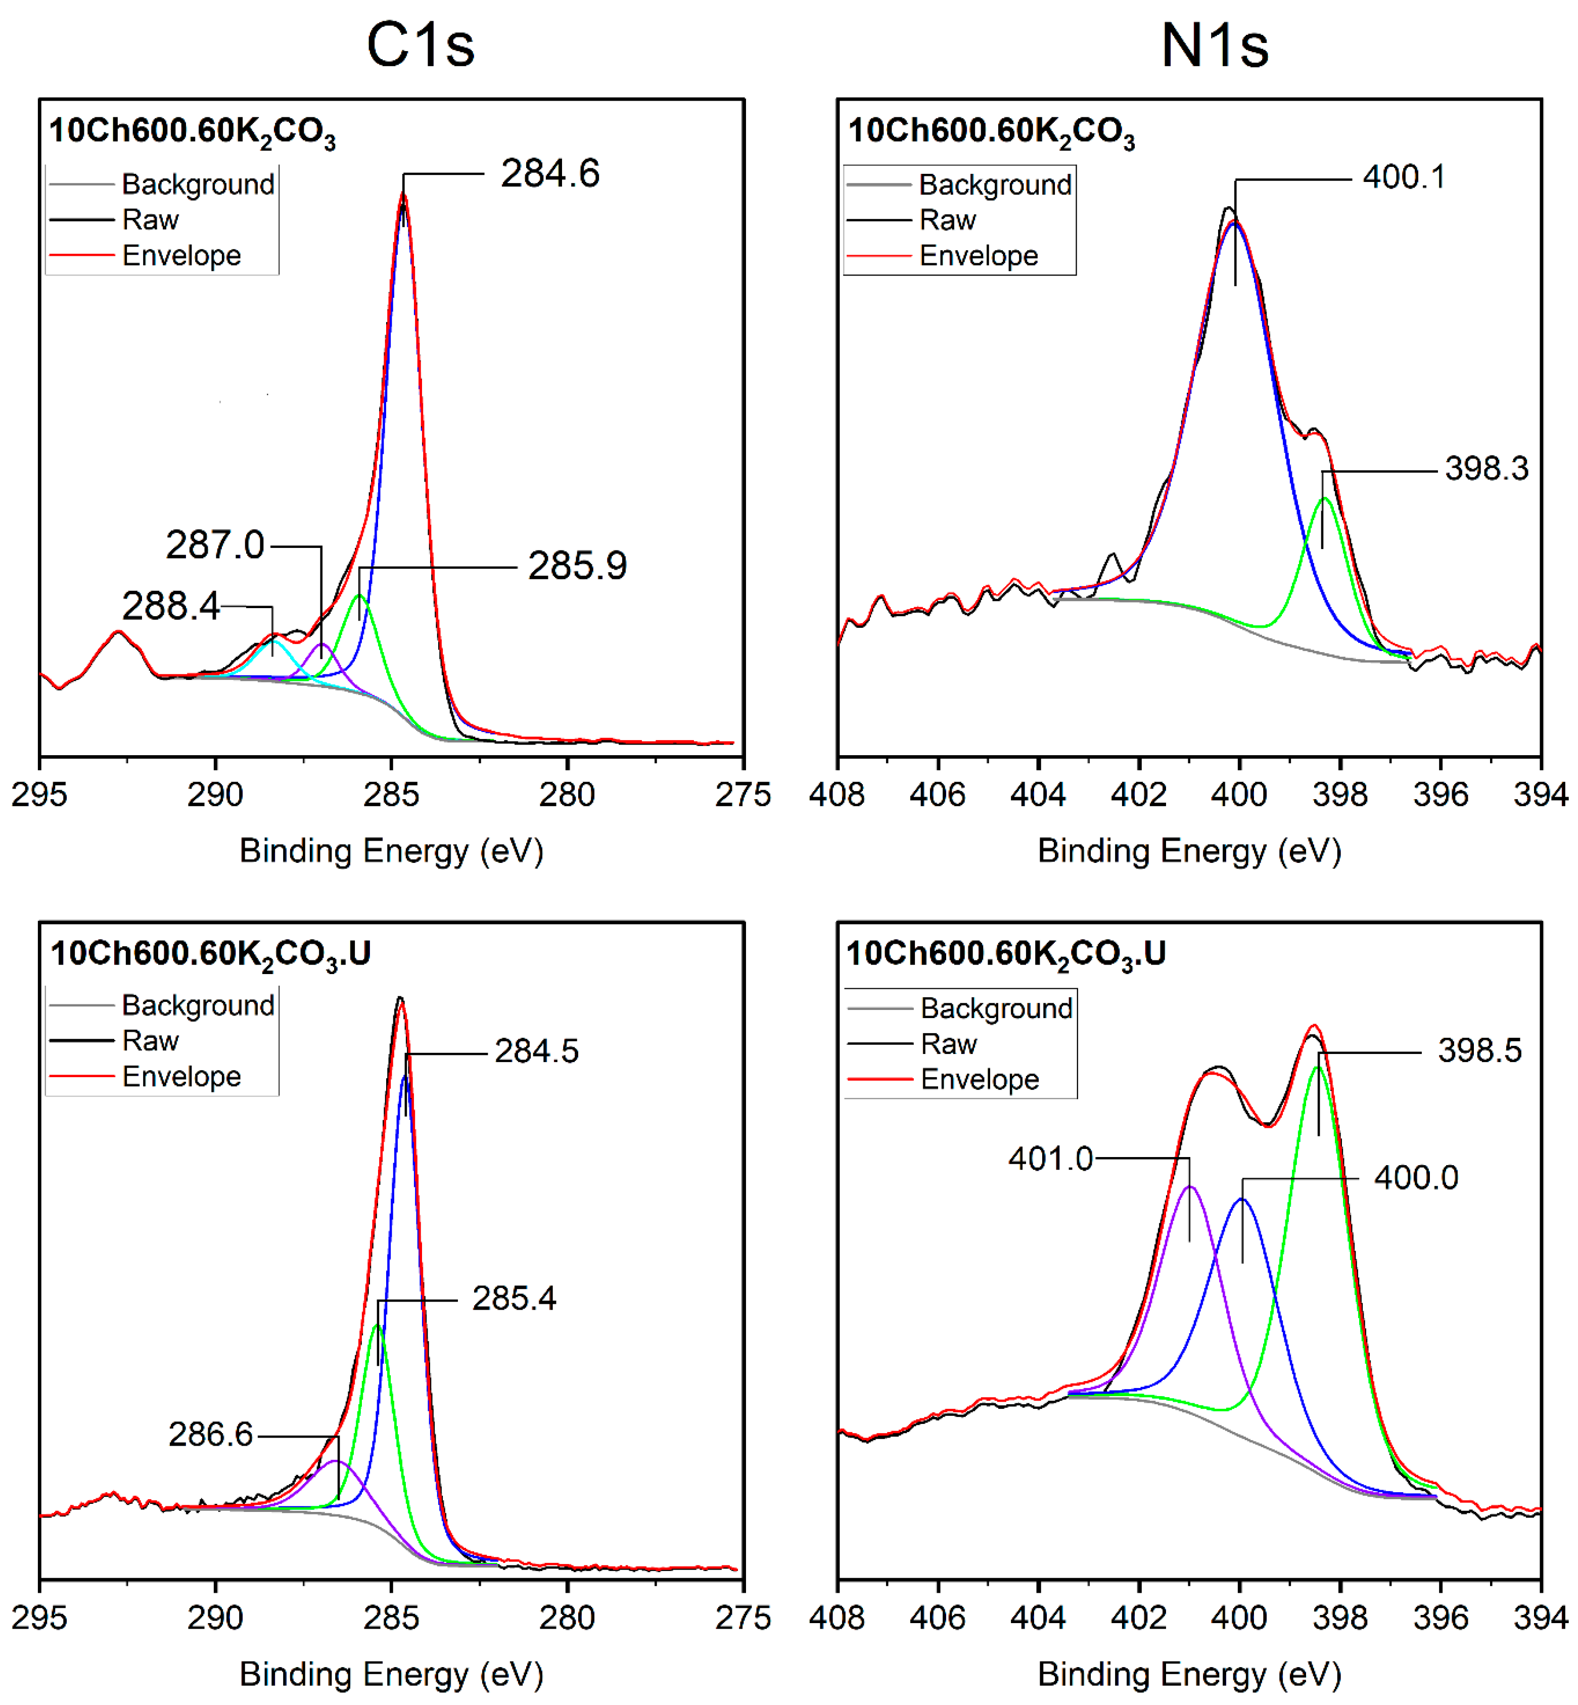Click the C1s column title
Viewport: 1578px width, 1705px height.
click(420, 44)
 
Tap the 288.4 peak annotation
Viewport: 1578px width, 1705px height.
click(171, 606)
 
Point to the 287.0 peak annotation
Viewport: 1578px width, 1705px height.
click(215, 545)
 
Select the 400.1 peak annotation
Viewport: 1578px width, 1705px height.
click(1404, 177)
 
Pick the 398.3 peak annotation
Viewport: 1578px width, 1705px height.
click(1486, 469)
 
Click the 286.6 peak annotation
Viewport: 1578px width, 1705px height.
click(210, 1435)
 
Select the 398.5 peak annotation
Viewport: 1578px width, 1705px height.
click(1479, 1051)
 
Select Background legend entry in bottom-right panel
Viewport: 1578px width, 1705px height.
click(996, 1009)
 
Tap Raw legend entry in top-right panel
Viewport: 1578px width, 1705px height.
click(947, 220)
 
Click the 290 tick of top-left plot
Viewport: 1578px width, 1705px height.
click(215, 795)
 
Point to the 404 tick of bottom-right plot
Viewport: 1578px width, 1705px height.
click(1038, 1618)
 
